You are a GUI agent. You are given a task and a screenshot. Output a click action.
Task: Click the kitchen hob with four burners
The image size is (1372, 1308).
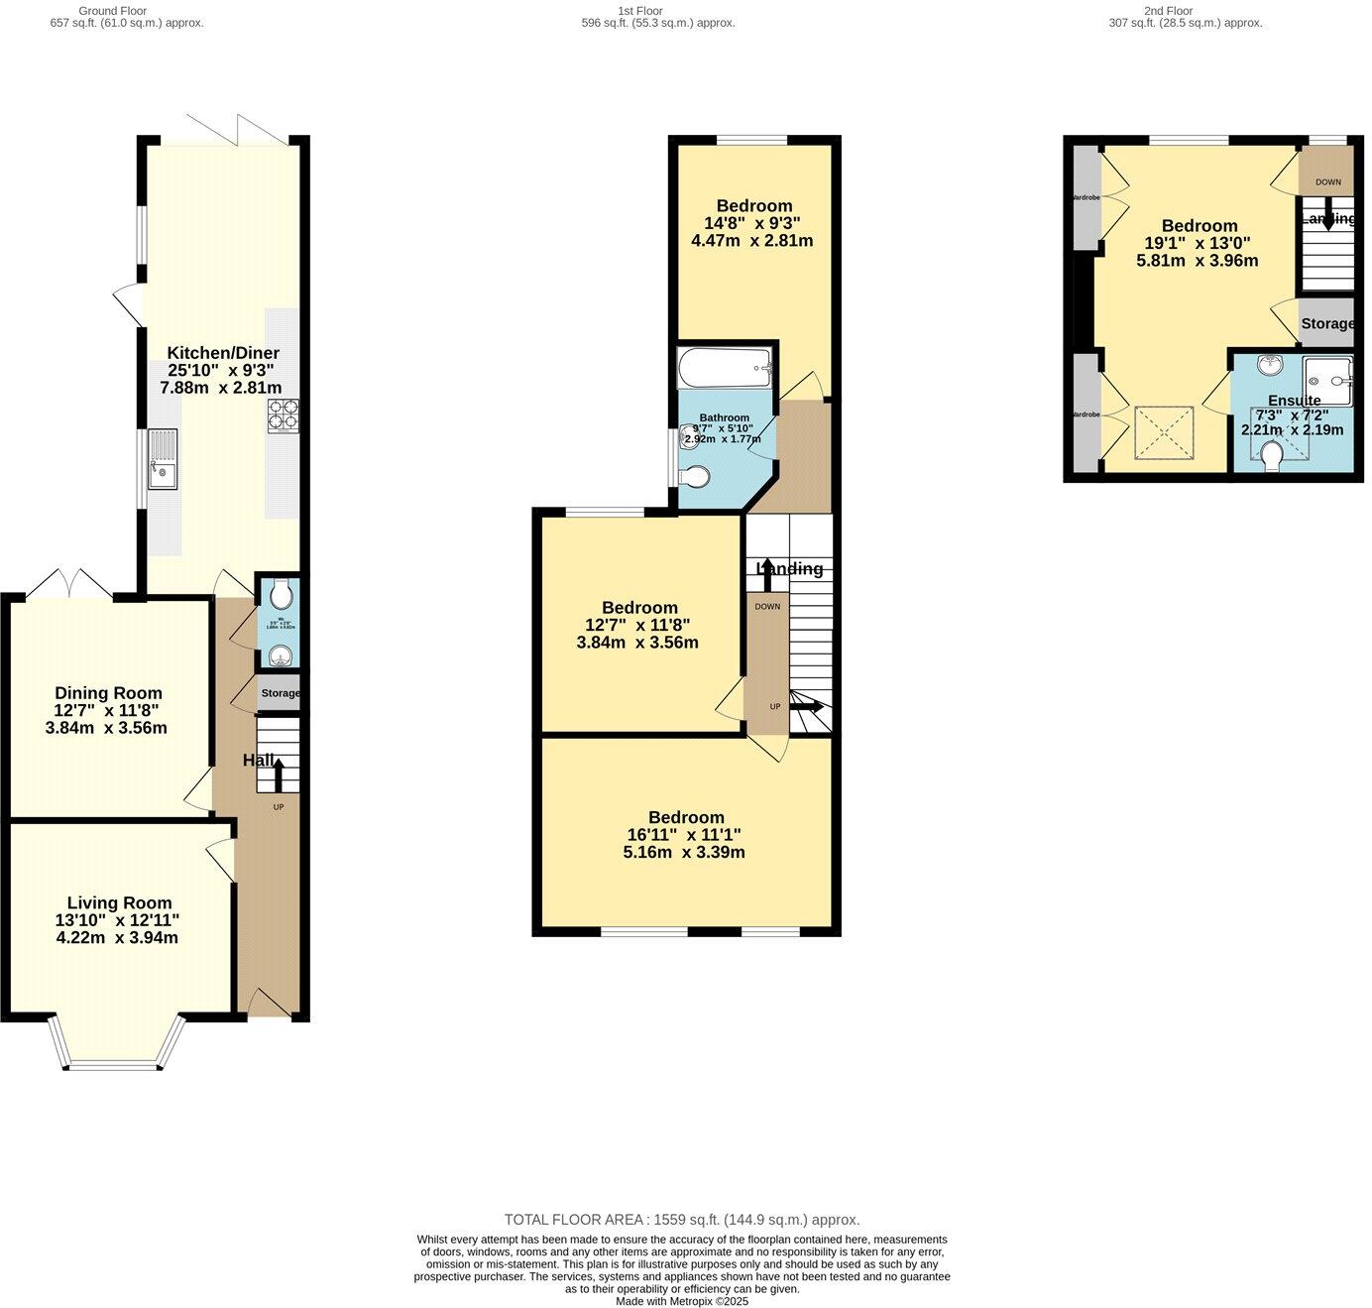(283, 416)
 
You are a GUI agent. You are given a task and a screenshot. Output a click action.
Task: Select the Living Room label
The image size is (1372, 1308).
(119, 902)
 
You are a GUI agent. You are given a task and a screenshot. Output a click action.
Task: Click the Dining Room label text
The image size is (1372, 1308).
(108, 693)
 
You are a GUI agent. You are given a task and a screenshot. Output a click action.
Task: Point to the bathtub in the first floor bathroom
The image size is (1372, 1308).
(725, 368)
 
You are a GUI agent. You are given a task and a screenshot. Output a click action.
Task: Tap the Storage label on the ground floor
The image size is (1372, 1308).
(281, 693)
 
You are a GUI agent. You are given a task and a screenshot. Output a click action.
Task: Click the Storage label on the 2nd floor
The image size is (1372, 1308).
(1327, 323)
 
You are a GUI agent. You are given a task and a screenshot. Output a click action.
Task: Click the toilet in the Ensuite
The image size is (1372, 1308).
(1273, 455)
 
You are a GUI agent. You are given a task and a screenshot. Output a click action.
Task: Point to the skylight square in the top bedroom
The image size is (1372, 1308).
(1164, 432)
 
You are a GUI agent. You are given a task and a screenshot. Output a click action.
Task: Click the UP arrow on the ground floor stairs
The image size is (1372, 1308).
(278, 774)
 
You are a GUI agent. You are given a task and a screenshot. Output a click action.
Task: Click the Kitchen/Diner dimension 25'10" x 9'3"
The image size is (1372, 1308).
(220, 370)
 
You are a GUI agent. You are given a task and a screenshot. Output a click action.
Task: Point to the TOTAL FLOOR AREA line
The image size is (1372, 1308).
(682, 1220)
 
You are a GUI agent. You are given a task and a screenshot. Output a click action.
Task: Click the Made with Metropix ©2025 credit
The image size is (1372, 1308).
(682, 1301)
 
